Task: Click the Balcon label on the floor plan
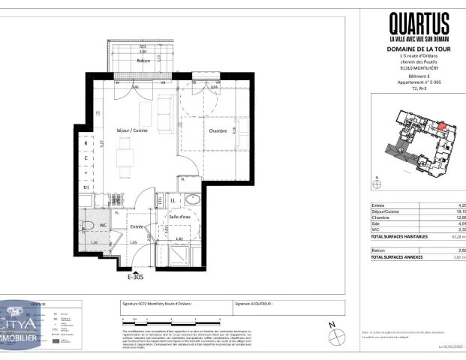tap(143, 60)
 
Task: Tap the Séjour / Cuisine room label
tap(132, 130)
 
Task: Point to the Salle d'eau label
tap(180, 217)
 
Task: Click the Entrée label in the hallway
tap(137, 226)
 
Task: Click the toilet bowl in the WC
tap(88, 225)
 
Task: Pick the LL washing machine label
tap(172, 201)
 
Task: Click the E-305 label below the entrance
tap(135, 277)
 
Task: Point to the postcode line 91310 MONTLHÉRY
tap(419, 72)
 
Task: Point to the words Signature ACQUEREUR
tap(254, 304)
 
